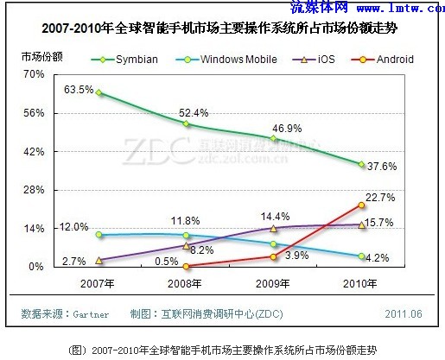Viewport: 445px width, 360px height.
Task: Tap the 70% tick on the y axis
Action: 34,75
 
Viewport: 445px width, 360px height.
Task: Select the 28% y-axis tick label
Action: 34,190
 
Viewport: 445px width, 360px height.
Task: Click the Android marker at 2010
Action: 360,205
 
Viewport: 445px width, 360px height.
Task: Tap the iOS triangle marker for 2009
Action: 273,228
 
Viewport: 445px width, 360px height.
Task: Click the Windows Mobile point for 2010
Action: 360,256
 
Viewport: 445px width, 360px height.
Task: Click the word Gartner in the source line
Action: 89,315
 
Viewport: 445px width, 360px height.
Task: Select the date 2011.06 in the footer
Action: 404,315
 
